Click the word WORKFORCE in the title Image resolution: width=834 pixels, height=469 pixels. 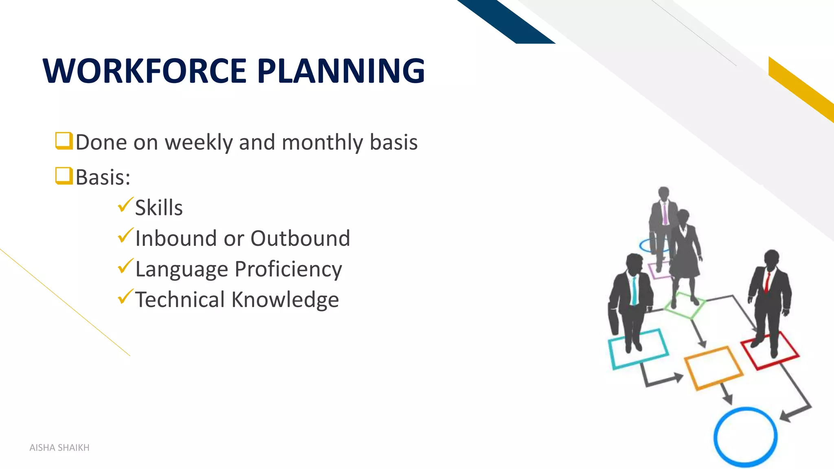pos(145,71)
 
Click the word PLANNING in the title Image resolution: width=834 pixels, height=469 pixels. pos(341,71)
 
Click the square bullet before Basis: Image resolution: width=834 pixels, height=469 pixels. pos(64,176)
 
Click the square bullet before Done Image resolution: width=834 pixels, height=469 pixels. pos(64,141)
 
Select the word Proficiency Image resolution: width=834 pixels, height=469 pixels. pos(288,270)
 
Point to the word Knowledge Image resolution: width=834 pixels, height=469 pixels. pos(285,300)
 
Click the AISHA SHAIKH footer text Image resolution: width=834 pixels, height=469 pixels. pos(59,448)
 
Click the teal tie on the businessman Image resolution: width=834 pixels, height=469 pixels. pos(634,290)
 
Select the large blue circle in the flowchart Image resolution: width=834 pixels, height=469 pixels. pos(745,437)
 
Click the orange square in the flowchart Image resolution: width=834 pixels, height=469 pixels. pos(713,368)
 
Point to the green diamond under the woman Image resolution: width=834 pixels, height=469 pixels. pos(685,305)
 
